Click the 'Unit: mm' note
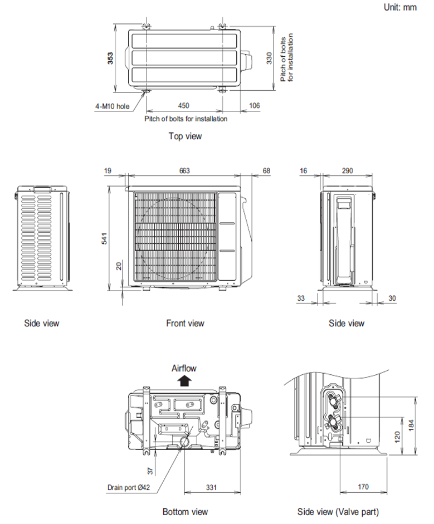(x=400, y=7)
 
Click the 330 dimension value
(x=269, y=57)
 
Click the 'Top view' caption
(x=185, y=136)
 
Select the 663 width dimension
(x=184, y=170)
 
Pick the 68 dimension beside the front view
(x=266, y=170)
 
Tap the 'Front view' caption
(x=185, y=323)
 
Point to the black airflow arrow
(x=184, y=380)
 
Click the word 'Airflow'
(x=184, y=368)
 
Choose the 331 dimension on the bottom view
(x=211, y=488)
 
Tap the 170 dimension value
(x=363, y=488)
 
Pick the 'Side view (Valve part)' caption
(x=339, y=511)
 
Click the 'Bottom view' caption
(x=185, y=511)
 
